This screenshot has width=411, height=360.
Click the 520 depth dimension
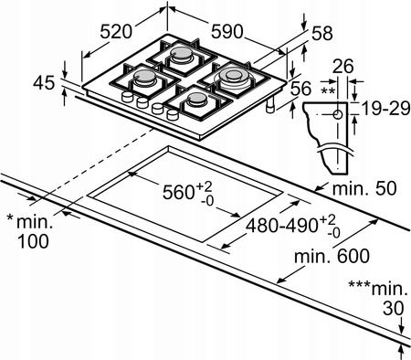point(116,31)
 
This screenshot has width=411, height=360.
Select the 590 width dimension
point(227,31)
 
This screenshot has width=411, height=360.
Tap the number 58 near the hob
point(322,34)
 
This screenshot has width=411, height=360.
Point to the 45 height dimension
point(44,83)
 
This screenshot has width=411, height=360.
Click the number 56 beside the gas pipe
point(300,89)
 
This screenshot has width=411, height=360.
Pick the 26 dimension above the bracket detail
point(342,67)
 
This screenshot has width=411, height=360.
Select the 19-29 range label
point(385,109)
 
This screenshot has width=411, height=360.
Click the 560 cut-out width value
point(178,192)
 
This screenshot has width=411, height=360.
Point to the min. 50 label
point(364,188)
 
